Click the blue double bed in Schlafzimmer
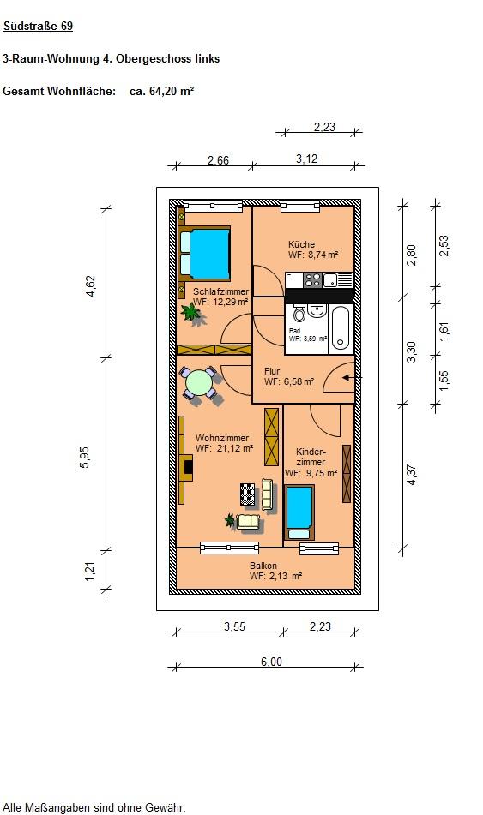204,255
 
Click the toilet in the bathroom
299,314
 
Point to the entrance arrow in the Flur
348,377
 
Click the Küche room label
301,243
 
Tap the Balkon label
263,566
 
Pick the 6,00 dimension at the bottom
271,662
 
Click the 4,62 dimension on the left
91,286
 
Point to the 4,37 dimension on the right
412,475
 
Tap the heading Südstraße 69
38,26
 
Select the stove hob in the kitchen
312,279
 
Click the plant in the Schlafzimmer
191,313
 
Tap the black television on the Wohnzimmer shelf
188,467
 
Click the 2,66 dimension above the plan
218,160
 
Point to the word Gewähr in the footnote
168,808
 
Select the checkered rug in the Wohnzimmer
248,494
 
